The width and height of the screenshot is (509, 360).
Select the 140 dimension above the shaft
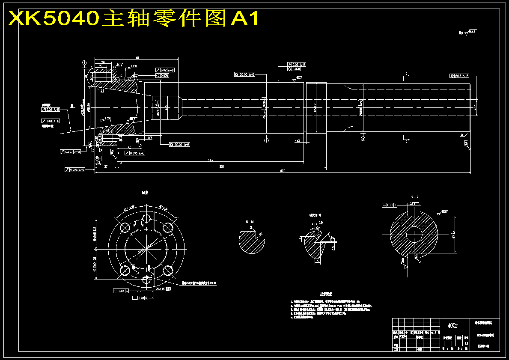(136, 57)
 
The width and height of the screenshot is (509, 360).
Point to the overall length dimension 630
(282, 171)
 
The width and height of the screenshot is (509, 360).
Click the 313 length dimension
(210, 160)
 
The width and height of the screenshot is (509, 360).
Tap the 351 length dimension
(221, 166)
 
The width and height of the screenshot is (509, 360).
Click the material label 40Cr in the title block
(452, 325)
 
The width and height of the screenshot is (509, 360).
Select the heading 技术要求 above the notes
(326, 295)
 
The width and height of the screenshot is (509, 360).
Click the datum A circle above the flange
(85, 62)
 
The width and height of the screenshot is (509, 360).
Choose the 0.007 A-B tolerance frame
(71, 152)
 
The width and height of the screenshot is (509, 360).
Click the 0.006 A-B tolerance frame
(75, 170)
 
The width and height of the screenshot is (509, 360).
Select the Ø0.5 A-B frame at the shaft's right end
(460, 76)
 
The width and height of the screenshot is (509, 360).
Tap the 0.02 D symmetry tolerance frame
(389, 206)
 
